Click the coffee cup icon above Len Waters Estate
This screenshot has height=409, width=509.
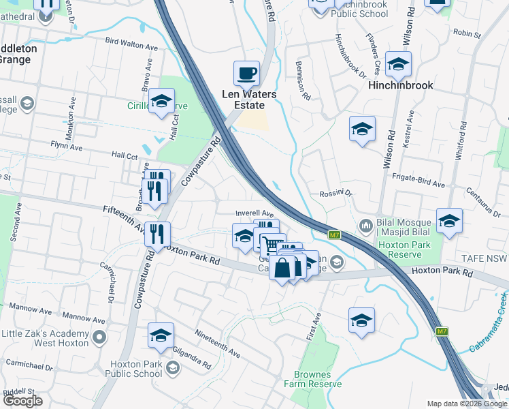point(246,72)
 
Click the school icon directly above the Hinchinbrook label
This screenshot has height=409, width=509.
point(398,64)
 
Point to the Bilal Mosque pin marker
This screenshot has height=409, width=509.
point(365,224)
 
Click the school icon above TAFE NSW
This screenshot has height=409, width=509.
point(449,221)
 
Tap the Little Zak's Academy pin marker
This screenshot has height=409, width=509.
point(99,337)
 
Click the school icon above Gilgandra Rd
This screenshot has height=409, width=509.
point(161,335)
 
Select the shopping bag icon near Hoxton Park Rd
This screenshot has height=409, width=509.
point(282,268)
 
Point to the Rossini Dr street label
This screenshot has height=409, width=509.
point(335,194)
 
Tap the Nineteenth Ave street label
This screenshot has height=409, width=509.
point(218,345)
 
